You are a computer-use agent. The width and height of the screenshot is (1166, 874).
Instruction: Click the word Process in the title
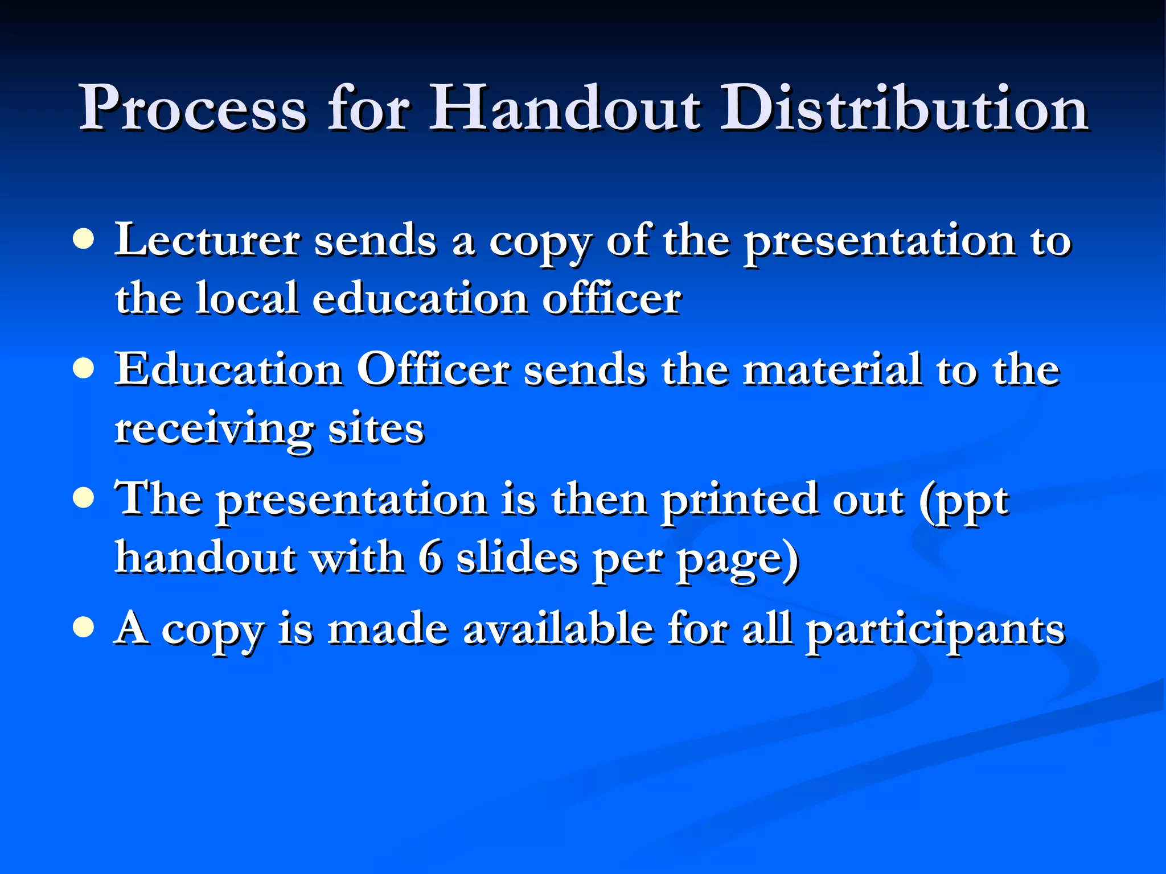[x=193, y=108]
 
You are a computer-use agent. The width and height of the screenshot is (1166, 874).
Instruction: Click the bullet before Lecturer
[x=84, y=240]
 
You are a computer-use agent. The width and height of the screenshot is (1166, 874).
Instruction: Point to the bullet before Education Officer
[x=84, y=369]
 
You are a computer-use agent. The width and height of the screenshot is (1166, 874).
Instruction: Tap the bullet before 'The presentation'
[x=84, y=498]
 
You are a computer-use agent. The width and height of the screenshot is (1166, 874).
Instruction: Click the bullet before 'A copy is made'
[x=84, y=628]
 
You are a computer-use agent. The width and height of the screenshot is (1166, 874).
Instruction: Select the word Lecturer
[x=207, y=240]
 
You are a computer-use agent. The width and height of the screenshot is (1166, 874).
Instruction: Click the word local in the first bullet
[x=247, y=298]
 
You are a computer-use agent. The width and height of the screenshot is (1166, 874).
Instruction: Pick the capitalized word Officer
[x=433, y=370]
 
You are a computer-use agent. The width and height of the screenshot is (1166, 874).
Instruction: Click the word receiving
[x=214, y=430]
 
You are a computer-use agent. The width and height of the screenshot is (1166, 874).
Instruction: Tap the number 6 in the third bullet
[x=430, y=558]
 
